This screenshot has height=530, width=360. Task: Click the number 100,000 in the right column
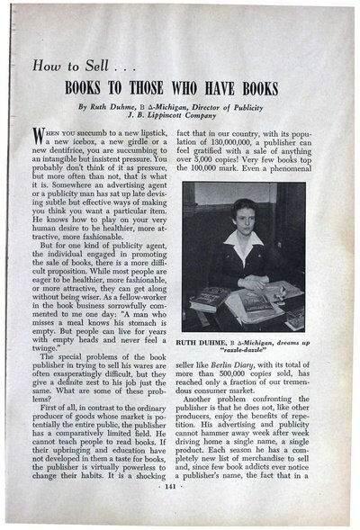click(x=220, y=187)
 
